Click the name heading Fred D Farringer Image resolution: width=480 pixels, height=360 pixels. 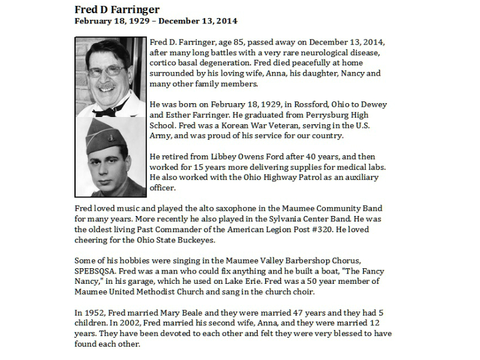click(117, 10)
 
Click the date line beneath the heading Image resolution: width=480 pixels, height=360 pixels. click(155, 21)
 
